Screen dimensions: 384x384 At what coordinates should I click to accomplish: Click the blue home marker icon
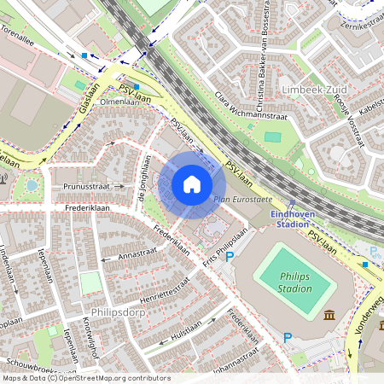[x=192, y=184]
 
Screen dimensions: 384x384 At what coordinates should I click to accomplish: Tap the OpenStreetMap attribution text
[x=85, y=377]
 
